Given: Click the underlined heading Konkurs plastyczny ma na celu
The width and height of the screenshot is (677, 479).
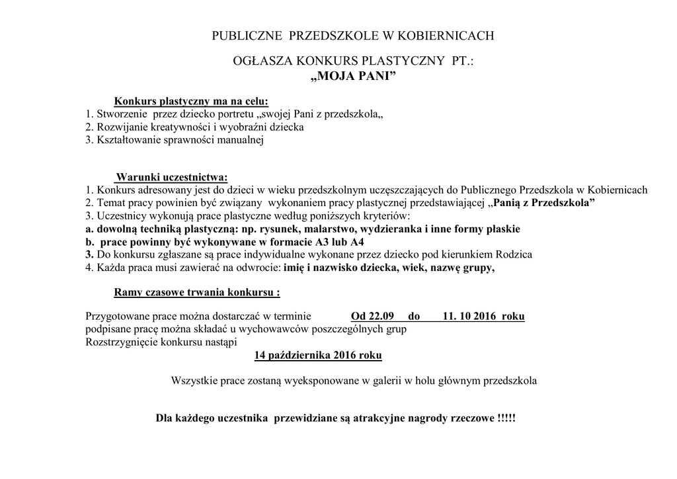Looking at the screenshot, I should coord(192,101).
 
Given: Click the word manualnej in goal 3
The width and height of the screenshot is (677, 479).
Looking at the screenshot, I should coord(241,139).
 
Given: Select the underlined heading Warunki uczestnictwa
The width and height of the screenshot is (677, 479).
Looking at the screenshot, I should coord(171,177).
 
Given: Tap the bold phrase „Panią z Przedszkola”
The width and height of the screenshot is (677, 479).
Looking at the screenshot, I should coord(541,203).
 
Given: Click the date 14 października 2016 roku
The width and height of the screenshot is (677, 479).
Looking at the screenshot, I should coord(318,355).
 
